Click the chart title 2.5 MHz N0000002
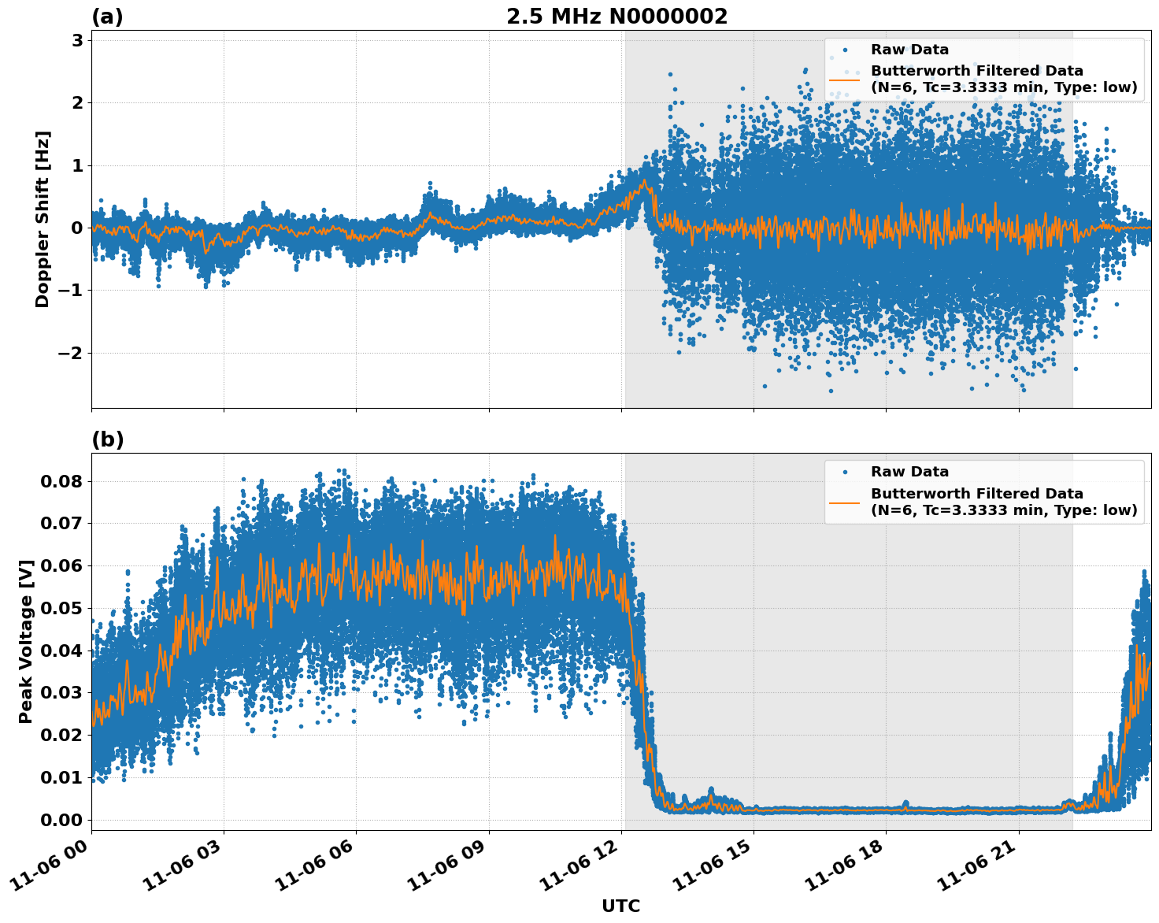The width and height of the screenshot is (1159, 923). [x=617, y=17]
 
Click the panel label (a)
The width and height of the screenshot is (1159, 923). [x=107, y=17]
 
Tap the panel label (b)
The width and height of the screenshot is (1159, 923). [x=107, y=439]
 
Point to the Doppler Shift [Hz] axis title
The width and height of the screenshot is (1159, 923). [x=43, y=219]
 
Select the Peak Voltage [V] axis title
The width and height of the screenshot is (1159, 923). [x=26, y=641]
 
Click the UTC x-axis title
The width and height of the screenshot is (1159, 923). [x=620, y=906]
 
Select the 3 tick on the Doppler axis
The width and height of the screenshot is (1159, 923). [x=77, y=40]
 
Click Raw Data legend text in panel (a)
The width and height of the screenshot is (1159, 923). [x=909, y=50]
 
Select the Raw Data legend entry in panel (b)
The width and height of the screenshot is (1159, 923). [x=909, y=472]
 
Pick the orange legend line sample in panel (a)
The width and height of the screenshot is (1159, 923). [x=845, y=79]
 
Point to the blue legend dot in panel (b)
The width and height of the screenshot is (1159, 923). [x=845, y=472]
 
